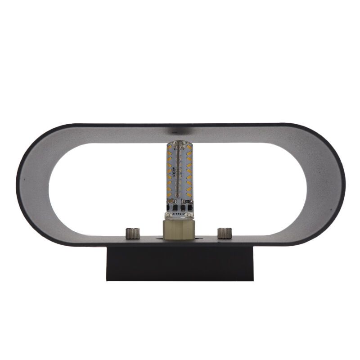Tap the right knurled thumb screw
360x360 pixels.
pos(224,233)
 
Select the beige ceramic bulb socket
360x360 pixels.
pos(180,227)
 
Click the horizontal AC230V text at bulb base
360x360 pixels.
pos(180,215)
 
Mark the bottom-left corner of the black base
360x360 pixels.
pos(107,280)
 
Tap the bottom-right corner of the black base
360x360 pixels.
pos(253,280)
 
